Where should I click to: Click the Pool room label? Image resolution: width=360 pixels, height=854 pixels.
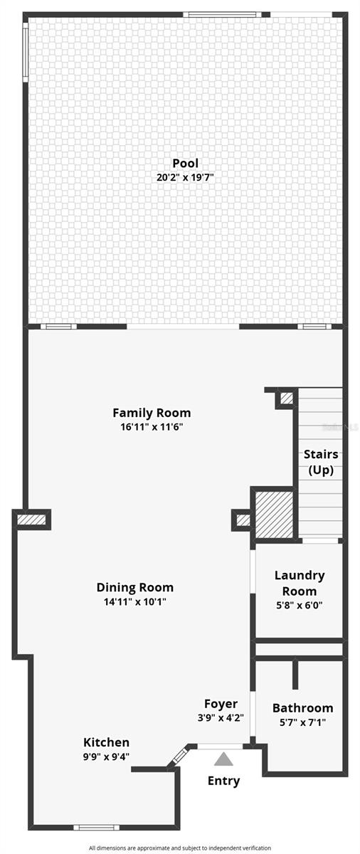pos(186,163)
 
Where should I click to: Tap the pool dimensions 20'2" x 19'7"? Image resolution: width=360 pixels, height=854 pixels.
pos(186,177)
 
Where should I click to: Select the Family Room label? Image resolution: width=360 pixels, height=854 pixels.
pos(152,413)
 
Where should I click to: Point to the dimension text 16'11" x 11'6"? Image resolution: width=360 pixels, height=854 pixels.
pos(152,426)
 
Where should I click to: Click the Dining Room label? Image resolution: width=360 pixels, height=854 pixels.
pos(135,587)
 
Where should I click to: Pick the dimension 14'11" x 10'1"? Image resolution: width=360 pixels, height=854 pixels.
pos(135,601)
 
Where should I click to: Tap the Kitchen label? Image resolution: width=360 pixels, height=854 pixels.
pos(106,742)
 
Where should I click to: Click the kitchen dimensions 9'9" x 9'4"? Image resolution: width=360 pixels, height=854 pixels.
pos(106,757)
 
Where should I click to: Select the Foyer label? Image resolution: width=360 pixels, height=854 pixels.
pos(221,704)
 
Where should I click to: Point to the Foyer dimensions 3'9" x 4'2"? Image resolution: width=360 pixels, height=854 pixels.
pos(221,718)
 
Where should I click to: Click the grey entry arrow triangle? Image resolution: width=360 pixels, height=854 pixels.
pos(223,759)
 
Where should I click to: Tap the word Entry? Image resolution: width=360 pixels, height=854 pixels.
pos(223,781)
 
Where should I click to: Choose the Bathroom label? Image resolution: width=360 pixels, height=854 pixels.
pos(303,708)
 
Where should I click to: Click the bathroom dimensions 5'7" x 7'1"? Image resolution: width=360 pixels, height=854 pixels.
pos(303,722)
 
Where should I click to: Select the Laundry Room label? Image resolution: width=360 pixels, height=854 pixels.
pos(300,584)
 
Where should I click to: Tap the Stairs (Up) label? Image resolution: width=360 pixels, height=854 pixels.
pos(321,462)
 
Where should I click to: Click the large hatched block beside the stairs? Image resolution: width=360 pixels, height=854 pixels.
pos(275,515)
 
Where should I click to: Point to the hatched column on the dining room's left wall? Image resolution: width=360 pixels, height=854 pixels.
pos(31,520)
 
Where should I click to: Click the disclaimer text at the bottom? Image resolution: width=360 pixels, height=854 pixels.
pos(180,848)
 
